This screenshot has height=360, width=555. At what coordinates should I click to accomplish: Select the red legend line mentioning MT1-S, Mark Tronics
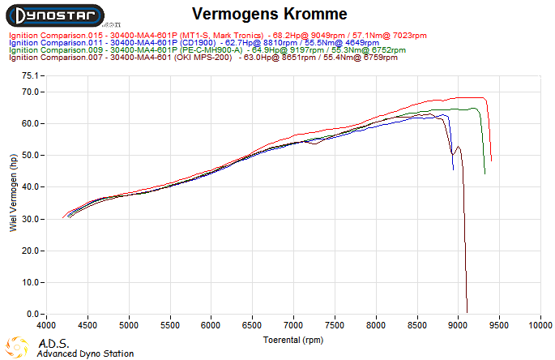[217, 36]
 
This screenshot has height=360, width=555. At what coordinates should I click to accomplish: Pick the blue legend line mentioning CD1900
[193, 43]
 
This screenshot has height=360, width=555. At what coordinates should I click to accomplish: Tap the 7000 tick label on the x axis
[293, 325]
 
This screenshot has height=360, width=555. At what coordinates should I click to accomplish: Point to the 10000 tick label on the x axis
[539, 325]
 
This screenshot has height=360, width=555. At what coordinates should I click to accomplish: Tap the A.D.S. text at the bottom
[54, 343]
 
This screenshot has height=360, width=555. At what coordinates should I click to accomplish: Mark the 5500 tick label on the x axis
[170, 325]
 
